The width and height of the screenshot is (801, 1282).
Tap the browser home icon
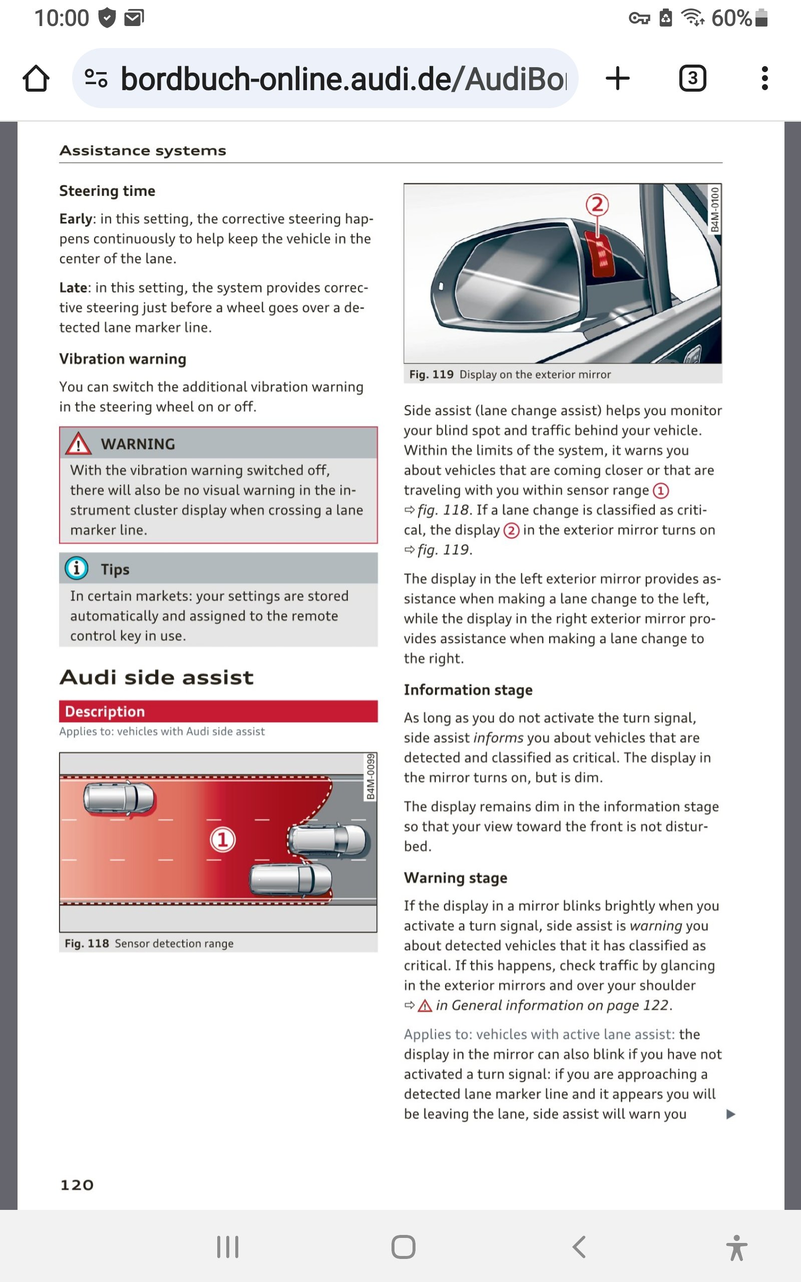point(36,79)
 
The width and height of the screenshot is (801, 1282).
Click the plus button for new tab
point(617,79)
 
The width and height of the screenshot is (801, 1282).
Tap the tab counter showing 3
point(692,79)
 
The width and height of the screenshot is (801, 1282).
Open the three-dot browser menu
point(764,79)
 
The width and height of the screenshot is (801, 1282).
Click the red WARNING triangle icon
point(79,444)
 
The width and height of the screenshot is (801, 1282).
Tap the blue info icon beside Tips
point(76,568)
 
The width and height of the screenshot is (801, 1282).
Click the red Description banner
point(218,711)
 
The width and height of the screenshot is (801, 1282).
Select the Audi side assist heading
point(156,677)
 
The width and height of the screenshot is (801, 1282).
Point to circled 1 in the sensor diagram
point(222,839)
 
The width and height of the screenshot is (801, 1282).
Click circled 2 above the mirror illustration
point(597,204)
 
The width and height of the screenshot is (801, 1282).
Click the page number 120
point(77,1184)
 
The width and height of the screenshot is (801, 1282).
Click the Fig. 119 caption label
point(431,375)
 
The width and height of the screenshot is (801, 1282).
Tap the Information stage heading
point(468,690)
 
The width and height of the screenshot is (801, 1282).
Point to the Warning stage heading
point(455,878)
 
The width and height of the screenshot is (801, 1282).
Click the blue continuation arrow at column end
point(730,1114)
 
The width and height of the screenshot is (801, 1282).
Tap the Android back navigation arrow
point(579,1247)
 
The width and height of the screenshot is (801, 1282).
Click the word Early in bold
point(76,219)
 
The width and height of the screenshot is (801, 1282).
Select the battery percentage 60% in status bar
point(731,19)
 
